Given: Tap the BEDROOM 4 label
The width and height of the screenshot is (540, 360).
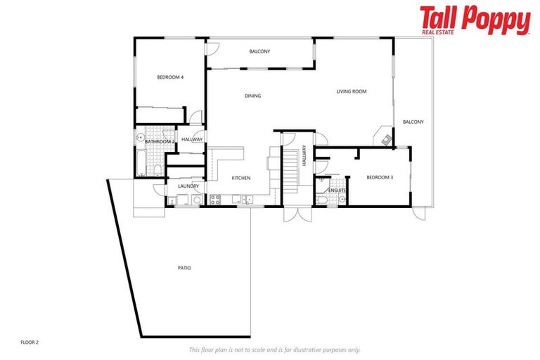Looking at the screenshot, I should pyautogui.click(x=170, y=77).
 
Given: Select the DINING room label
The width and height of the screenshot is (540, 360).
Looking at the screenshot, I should pyautogui.click(x=252, y=96).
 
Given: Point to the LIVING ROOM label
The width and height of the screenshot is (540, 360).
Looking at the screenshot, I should pyautogui.click(x=351, y=91).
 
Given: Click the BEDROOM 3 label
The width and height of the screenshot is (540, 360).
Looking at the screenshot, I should pyautogui.click(x=380, y=177).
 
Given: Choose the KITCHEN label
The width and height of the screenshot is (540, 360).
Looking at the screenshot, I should pyautogui.click(x=241, y=178).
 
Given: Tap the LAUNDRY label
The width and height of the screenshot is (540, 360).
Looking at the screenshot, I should pyautogui.click(x=188, y=186).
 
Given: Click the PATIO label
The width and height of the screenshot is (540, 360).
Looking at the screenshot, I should pyautogui.click(x=184, y=268).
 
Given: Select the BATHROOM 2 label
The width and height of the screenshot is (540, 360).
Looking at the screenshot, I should pyautogui.click(x=159, y=141).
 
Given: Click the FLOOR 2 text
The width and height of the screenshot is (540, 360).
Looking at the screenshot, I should pyautogui.click(x=30, y=342).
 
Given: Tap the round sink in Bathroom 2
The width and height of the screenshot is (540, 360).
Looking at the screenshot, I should pyautogui.click(x=141, y=137).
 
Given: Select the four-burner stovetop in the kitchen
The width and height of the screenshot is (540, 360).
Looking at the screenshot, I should pyautogui.click(x=216, y=201).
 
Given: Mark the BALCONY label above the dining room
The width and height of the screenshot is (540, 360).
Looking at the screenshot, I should pyautogui.click(x=259, y=51).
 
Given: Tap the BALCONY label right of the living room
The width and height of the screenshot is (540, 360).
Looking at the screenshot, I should pyautogui.click(x=413, y=122).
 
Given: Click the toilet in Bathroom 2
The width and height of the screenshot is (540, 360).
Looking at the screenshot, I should pyautogui.click(x=157, y=169).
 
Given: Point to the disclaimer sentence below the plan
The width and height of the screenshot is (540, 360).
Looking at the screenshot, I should pyautogui.click(x=274, y=349).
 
